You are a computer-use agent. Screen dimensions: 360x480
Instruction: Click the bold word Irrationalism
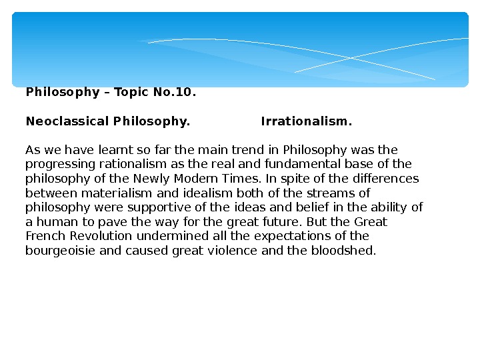[x=306, y=122]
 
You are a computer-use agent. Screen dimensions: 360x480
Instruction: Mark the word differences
[x=387, y=179]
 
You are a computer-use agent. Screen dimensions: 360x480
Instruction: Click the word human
[x=54, y=223]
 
